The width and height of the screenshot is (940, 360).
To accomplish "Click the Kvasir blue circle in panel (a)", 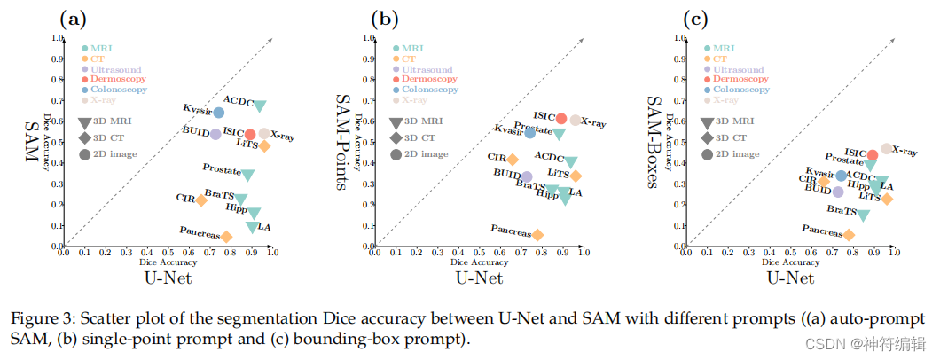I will pyautogui.click(x=219, y=113).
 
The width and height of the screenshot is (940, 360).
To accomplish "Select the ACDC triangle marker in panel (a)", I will pyautogui.click(x=260, y=106).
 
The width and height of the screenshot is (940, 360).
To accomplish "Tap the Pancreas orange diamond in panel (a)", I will pyautogui.click(x=227, y=236).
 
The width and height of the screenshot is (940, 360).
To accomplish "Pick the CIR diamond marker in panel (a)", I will pyautogui.click(x=201, y=200).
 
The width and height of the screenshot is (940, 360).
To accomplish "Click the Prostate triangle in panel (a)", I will pyautogui.click(x=248, y=175).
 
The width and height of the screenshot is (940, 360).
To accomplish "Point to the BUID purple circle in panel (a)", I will pyautogui.click(x=215, y=134).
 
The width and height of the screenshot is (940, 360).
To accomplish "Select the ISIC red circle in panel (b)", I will pyautogui.click(x=561, y=119).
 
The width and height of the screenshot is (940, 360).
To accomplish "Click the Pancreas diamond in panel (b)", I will pyautogui.click(x=537, y=234).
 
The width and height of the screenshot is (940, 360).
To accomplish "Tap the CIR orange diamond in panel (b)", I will pyautogui.click(x=513, y=160).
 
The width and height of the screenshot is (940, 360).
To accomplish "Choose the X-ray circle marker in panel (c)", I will pyautogui.click(x=886, y=149).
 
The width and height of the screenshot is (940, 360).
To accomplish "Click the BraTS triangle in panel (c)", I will pyautogui.click(x=863, y=215).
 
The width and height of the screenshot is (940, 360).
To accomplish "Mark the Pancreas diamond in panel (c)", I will pyautogui.click(x=849, y=234).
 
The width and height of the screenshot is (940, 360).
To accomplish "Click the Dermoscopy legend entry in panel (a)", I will pyautogui.click(x=119, y=79).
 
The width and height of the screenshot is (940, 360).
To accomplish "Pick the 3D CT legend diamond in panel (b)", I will pyautogui.click(x=395, y=138).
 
